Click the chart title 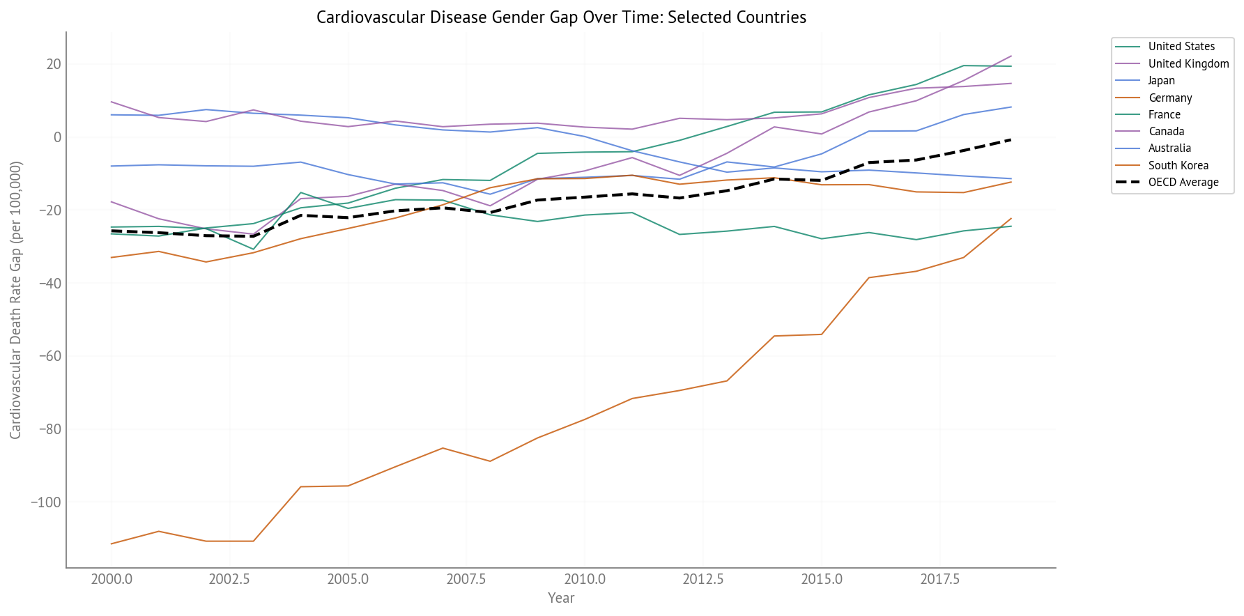(x=561, y=17)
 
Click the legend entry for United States (x=1181, y=47)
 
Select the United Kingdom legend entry (x=1188, y=63)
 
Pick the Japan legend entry (x=1161, y=81)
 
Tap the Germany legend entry (x=1170, y=98)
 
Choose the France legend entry (x=1164, y=114)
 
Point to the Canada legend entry (x=1166, y=131)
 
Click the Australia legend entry (x=1169, y=148)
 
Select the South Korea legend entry (x=1178, y=165)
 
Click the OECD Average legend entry (x=1183, y=182)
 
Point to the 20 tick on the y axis (x=54, y=64)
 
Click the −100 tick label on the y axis (x=45, y=502)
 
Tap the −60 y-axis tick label (x=48, y=356)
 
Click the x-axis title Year (x=561, y=598)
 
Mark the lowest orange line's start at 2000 (x=112, y=544)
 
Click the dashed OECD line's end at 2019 (x=1011, y=139)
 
